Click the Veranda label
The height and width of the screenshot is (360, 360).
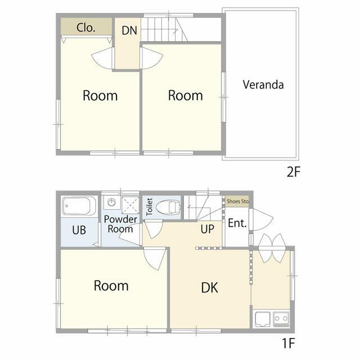click(263, 84)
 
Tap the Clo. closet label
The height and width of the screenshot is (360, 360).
click(86, 28)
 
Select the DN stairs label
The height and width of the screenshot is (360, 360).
click(129, 30)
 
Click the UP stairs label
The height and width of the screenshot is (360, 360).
click(208, 229)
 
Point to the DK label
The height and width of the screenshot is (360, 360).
click(210, 287)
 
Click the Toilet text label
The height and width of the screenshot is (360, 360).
click(149, 206)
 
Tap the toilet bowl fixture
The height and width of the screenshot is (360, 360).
click(168, 208)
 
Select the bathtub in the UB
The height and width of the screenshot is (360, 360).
click(79, 206)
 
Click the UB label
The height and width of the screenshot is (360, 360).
click(79, 230)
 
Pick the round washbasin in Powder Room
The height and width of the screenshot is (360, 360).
click(111, 202)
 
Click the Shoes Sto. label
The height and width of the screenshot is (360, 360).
click(238, 201)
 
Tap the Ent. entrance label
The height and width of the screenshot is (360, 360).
click(237, 223)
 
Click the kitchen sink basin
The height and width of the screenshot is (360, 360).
click(263, 319)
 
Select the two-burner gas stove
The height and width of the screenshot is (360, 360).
click(281, 319)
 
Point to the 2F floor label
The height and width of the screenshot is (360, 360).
click(294, 172)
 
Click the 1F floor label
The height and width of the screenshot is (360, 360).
click(288, 343)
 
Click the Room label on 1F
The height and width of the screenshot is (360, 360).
click(111, 286)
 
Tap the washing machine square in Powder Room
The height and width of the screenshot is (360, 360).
click(130, 205)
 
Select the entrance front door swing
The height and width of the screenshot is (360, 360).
click(262, 220)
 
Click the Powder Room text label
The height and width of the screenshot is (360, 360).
click(120, 224)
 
